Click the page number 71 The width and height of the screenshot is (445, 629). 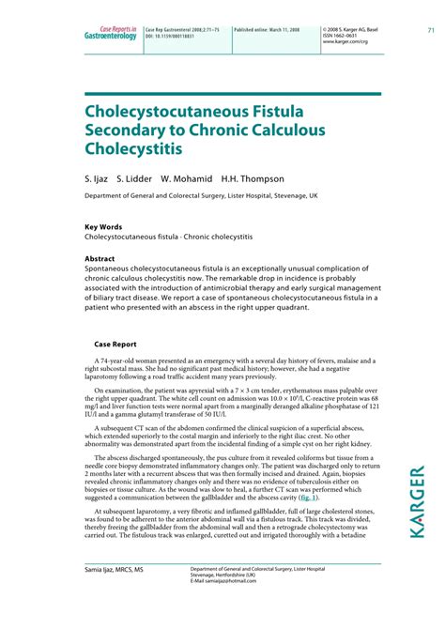431,29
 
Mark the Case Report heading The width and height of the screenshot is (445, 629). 116,344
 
